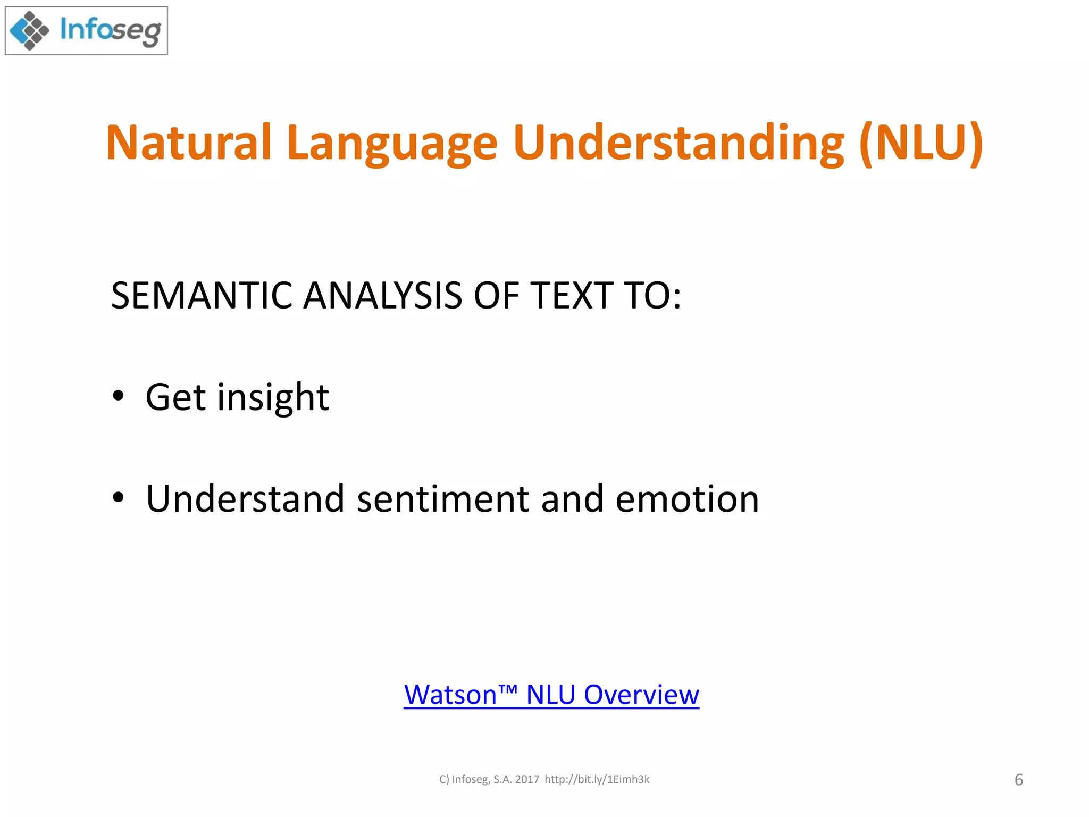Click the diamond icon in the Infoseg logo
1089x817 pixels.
(29, 31)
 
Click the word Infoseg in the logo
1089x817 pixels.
(110, 30)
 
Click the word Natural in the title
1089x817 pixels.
(189, 143)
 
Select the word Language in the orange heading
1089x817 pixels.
(392, 143)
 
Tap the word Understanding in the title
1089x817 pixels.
(678, 143)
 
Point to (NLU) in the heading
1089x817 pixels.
(922, 143)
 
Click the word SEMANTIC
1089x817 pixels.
(202, 296)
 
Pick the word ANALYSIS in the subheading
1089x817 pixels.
(382, 296)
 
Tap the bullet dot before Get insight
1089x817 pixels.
(118, 396)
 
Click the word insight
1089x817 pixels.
(273, 398)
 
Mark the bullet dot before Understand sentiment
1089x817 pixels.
(118, 498)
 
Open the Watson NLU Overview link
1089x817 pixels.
(551, 695)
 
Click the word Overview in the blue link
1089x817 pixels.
(641, 695)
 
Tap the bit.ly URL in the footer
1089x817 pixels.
(597, 779)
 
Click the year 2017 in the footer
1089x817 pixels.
(527, 779)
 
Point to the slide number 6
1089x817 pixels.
(1018, 780)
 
